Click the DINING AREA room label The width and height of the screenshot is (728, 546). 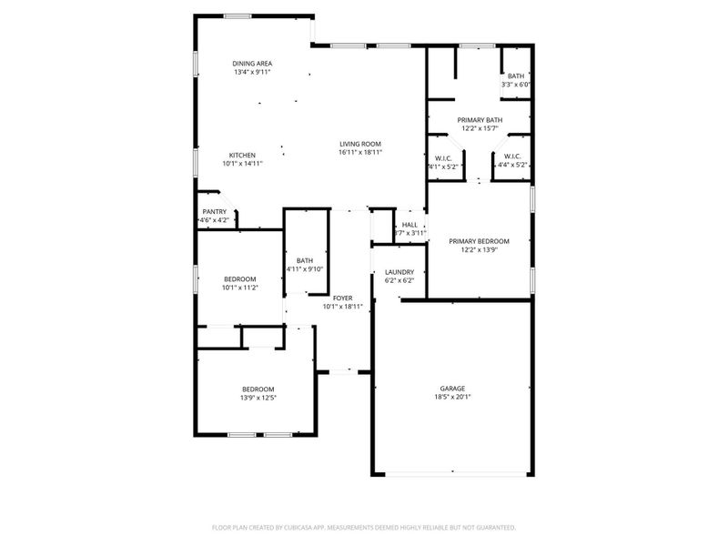252,63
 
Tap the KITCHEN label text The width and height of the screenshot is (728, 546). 241,155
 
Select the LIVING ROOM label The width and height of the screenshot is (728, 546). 359,144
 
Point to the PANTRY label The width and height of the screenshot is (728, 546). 214,212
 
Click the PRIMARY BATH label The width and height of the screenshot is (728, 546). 480,120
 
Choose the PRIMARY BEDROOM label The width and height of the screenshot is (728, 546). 480,241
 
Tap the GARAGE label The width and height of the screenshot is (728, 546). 452,388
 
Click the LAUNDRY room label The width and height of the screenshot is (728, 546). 399,272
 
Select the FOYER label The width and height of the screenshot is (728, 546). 342,298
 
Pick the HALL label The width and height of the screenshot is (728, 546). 409,225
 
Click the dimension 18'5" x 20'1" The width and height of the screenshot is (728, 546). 452,397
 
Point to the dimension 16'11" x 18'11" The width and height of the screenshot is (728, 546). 359,153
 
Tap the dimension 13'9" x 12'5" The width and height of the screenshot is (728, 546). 258,398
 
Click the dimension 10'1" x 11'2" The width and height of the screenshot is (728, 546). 240,288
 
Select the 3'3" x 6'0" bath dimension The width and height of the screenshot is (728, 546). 516,85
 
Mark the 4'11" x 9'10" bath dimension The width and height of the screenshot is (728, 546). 305,269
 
